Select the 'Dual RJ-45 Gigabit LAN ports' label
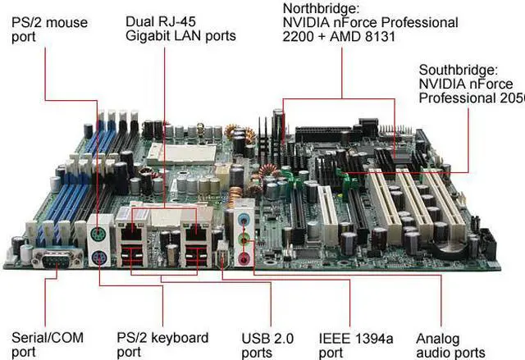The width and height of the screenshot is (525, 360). tap(180, 28)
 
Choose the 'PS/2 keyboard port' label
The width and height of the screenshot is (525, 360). tap(162, 344)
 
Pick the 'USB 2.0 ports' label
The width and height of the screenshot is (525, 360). tap(268, 344)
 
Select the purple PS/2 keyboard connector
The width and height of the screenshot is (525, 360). tap(99, 257)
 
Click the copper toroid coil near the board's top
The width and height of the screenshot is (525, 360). tap(235, 132)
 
